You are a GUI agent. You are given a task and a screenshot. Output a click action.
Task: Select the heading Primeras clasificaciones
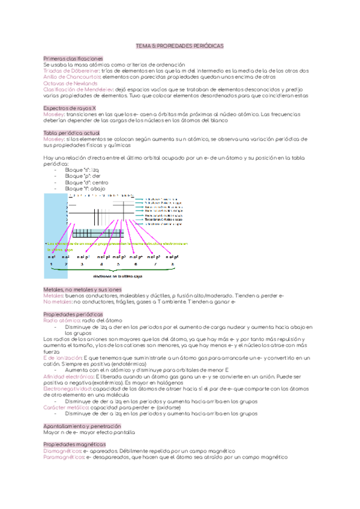[x=69, y=58]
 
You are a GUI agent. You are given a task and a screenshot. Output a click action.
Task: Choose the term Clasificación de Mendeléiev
[x=75, y=89]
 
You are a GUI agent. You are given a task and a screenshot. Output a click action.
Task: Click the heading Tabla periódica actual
[x=68, y=132]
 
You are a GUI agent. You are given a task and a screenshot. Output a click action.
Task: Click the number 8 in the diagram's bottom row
[x=173, y=264]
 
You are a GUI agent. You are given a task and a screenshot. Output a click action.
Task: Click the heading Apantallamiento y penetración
[x=79, y=425]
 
